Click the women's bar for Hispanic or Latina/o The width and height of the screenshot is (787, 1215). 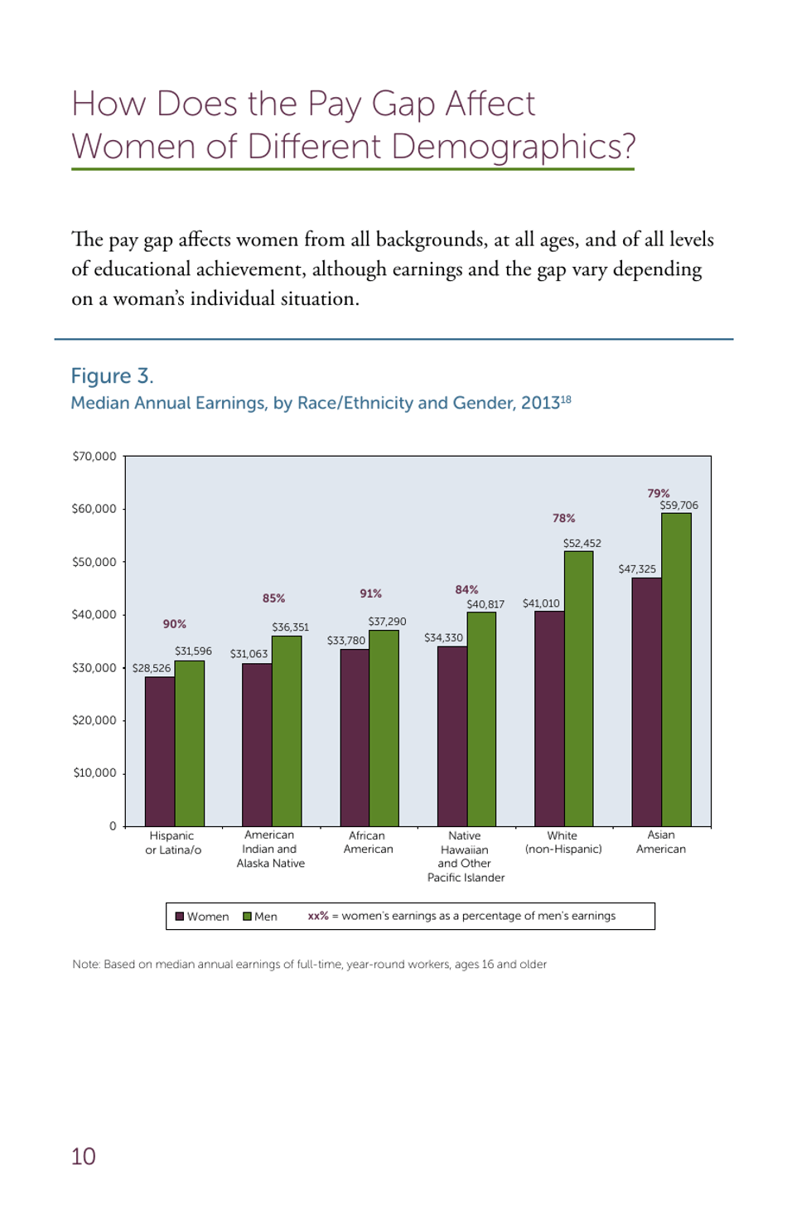pos(160,751)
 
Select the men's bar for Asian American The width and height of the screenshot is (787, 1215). pos(676,669)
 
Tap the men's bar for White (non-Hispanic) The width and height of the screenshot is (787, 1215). pos(578,688)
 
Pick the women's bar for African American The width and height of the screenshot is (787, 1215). pos(355,737)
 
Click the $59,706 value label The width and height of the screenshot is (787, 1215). pos(678,506)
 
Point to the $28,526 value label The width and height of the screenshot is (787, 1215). pos(152,668)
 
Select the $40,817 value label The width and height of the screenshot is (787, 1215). pos(485,604)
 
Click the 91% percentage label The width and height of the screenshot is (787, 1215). pos(370,593)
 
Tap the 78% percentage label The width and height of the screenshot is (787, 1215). pos(563,518)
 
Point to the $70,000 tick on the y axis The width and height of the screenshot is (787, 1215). pos(94,457)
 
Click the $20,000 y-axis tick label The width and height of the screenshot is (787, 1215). pos(94,720)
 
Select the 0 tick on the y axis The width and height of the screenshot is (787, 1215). pos(113,826)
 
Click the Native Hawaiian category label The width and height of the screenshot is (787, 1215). pos(466,857)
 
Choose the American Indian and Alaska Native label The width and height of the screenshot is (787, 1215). pos(271,850)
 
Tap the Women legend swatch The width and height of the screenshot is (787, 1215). pos(180,917)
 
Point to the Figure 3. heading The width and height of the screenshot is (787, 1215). pos(112,376)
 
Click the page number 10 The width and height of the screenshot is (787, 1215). pos(84,1156)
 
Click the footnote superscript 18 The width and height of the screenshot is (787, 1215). pos(567,399)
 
